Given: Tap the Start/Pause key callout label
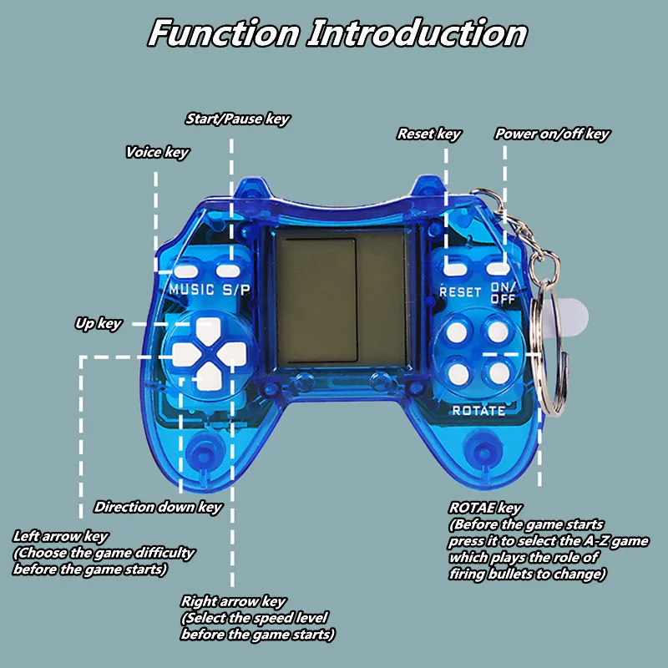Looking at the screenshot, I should [237, 119].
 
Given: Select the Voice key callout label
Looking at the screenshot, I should [157, 152].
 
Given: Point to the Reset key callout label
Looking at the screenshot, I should [428, 134].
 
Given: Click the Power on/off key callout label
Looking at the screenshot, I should [552, 134].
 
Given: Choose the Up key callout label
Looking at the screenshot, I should [98, 323].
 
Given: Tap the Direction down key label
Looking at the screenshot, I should [158, 506].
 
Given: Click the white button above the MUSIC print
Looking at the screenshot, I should [185, 270].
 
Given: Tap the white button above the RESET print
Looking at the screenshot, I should [455, 269].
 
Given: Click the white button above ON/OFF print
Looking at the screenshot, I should [498, 269].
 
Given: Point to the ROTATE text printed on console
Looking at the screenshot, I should [478, 410].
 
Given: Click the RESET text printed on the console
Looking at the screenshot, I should [460, 292].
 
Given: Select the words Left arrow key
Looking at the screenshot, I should [60, 536].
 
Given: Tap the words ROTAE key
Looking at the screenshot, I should [485, 508].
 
